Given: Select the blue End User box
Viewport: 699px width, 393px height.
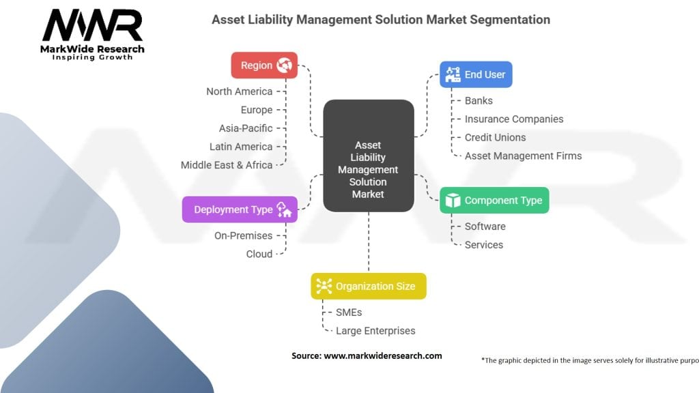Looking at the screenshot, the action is pyautogui.click(x=476, y=74).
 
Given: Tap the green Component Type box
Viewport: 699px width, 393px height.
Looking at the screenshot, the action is pyautogui.click(x=494, y=201).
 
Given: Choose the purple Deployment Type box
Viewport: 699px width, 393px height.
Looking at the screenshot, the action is pyautogui.click(x=240, y=209).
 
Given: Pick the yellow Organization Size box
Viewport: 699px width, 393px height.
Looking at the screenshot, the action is pyautogui.click(x=369, y=287).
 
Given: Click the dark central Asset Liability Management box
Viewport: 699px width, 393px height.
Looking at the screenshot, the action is pyautogui.click(x=368, y=170).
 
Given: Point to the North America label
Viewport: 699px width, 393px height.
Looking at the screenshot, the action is pyautogui.click(x=239, y=91).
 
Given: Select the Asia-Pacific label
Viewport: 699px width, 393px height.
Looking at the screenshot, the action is pyautogui.click(x=245, y=128).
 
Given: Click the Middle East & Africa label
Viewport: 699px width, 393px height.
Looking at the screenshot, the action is pyautogui.click(x=226, y=165).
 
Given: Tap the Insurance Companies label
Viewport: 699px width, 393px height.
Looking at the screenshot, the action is pyautogui.click(x=514, y=119).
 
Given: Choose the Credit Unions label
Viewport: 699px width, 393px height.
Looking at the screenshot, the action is pyautogui.click(x=495, y=137).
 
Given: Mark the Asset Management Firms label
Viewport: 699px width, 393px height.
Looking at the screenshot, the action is pyautogui.click(x=523, y=156).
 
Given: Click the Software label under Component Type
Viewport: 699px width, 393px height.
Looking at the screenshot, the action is pyautogui.click(x=485, y=227).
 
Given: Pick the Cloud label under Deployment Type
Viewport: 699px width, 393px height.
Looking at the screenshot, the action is pyautogui.click(x=259, y=254).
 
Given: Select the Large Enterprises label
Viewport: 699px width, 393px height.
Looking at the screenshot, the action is pyautogui.click(x=375, y=331).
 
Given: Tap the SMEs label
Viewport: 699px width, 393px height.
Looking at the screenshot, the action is pyautogui.click(x=348, y=312).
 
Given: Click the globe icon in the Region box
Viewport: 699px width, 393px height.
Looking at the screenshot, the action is pyautogui.click(x=284, y=65).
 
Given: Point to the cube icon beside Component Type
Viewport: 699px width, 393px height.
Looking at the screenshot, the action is pyautogui.click(x=453, y=201).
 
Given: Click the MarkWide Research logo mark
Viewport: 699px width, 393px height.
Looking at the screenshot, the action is pyautogui.click(x=93, y=27).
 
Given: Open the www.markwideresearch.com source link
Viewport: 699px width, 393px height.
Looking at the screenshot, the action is pyautogui.click(x=382, y=355).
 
